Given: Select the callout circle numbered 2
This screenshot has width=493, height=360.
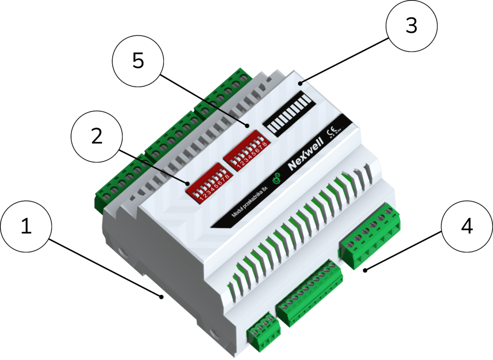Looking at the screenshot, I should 97,137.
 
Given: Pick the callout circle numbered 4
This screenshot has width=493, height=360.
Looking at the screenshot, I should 466,228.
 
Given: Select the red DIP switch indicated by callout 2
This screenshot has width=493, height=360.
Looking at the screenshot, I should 208,183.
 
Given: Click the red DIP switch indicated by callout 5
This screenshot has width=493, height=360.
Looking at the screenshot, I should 245,153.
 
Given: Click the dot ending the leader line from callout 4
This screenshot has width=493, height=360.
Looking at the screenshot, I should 365,271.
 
